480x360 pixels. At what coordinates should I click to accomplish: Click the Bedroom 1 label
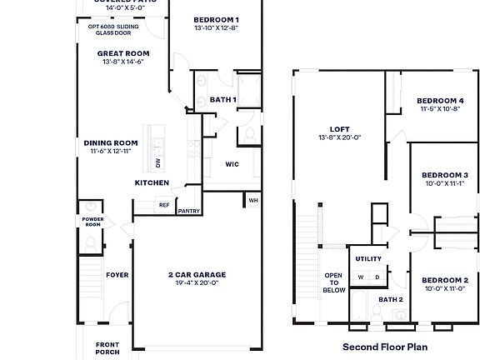[216, 19]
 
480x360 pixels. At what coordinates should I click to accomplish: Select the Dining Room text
[111, 142]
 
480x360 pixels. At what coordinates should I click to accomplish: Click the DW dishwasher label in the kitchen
[157, 163]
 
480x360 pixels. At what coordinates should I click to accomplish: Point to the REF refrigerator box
[164, 204]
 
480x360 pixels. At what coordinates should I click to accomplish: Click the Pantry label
[189, 211]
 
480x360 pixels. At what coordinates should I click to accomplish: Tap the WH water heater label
[252, 199]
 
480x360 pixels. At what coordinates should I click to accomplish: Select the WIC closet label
[232, 164]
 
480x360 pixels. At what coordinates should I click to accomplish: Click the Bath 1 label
[222, 100]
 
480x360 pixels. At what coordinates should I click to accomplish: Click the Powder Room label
[92, 222]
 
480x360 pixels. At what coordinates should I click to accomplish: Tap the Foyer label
[117, 274]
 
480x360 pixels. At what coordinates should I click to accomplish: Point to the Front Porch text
[107, 347]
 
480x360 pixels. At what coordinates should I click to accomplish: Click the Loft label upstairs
[338, 130]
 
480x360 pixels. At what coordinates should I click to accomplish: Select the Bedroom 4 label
[439, 101]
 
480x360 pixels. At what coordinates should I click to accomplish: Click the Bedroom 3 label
[445, 175]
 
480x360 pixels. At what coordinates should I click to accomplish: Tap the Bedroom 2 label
[445, 280]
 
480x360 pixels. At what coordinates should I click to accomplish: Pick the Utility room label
[367, 259]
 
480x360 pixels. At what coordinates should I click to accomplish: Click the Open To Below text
[334, 282]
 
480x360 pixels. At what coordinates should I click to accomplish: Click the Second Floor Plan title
[384, 345]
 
